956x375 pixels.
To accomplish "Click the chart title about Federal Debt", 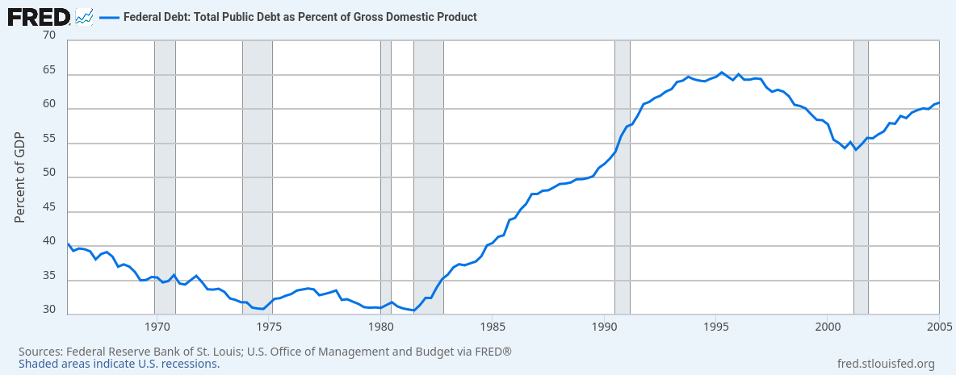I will [300, 16].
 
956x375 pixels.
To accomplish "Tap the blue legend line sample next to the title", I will [108, 16].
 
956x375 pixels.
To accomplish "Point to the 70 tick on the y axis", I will [49, 35].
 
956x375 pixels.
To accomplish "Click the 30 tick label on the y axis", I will [49, 310].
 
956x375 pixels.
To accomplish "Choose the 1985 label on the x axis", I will [493, 327].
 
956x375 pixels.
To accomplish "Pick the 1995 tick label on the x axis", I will [716, 327].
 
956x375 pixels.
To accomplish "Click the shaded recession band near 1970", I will [165, 177].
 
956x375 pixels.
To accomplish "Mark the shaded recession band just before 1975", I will [258, 177].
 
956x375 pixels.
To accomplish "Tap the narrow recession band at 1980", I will [386, 177].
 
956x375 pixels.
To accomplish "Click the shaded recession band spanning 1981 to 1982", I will [428, 177].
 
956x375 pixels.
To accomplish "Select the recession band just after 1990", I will [622, 177].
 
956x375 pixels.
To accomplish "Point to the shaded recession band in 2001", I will [861, 177].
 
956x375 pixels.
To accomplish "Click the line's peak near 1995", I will [722, 73].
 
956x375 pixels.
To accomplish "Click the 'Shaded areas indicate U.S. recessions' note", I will [119, 364].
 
